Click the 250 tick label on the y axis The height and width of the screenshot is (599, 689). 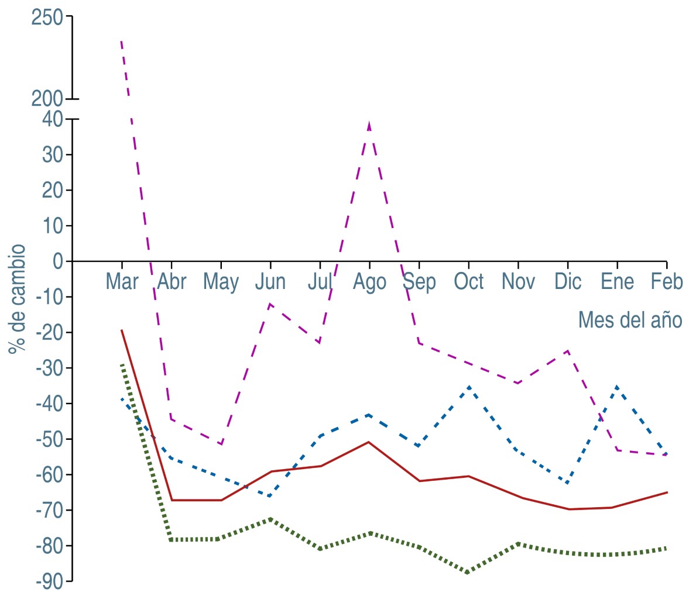[47, 18]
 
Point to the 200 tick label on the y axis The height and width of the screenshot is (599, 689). [47, 98]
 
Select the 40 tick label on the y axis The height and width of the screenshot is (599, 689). [52, 119]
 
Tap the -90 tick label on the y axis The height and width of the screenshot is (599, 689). [49, 581]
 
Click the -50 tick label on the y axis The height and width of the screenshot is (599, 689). [49, 439]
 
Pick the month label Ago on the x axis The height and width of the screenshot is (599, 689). [369, 282]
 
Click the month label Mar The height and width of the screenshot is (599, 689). [122, 282]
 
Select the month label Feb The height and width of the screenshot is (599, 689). [667, 282]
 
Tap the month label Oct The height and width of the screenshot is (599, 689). [469, 282]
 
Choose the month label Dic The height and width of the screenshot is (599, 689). [568, 282]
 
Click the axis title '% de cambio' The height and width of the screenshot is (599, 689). [17, 299]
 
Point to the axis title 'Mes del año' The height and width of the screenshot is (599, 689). [630, 320]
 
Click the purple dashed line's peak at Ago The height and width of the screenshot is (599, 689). [369, 123]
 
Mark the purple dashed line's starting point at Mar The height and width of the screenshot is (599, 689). [121, 42]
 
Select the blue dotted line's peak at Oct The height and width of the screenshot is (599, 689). [469, 387]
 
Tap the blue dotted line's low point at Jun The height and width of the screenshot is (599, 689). [270, 496]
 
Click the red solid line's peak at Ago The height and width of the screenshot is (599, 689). [369, 442]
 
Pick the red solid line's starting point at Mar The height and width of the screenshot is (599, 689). [121, 330]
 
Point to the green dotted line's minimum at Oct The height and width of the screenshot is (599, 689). [468, 572]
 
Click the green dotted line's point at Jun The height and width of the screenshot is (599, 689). [270, 519]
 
